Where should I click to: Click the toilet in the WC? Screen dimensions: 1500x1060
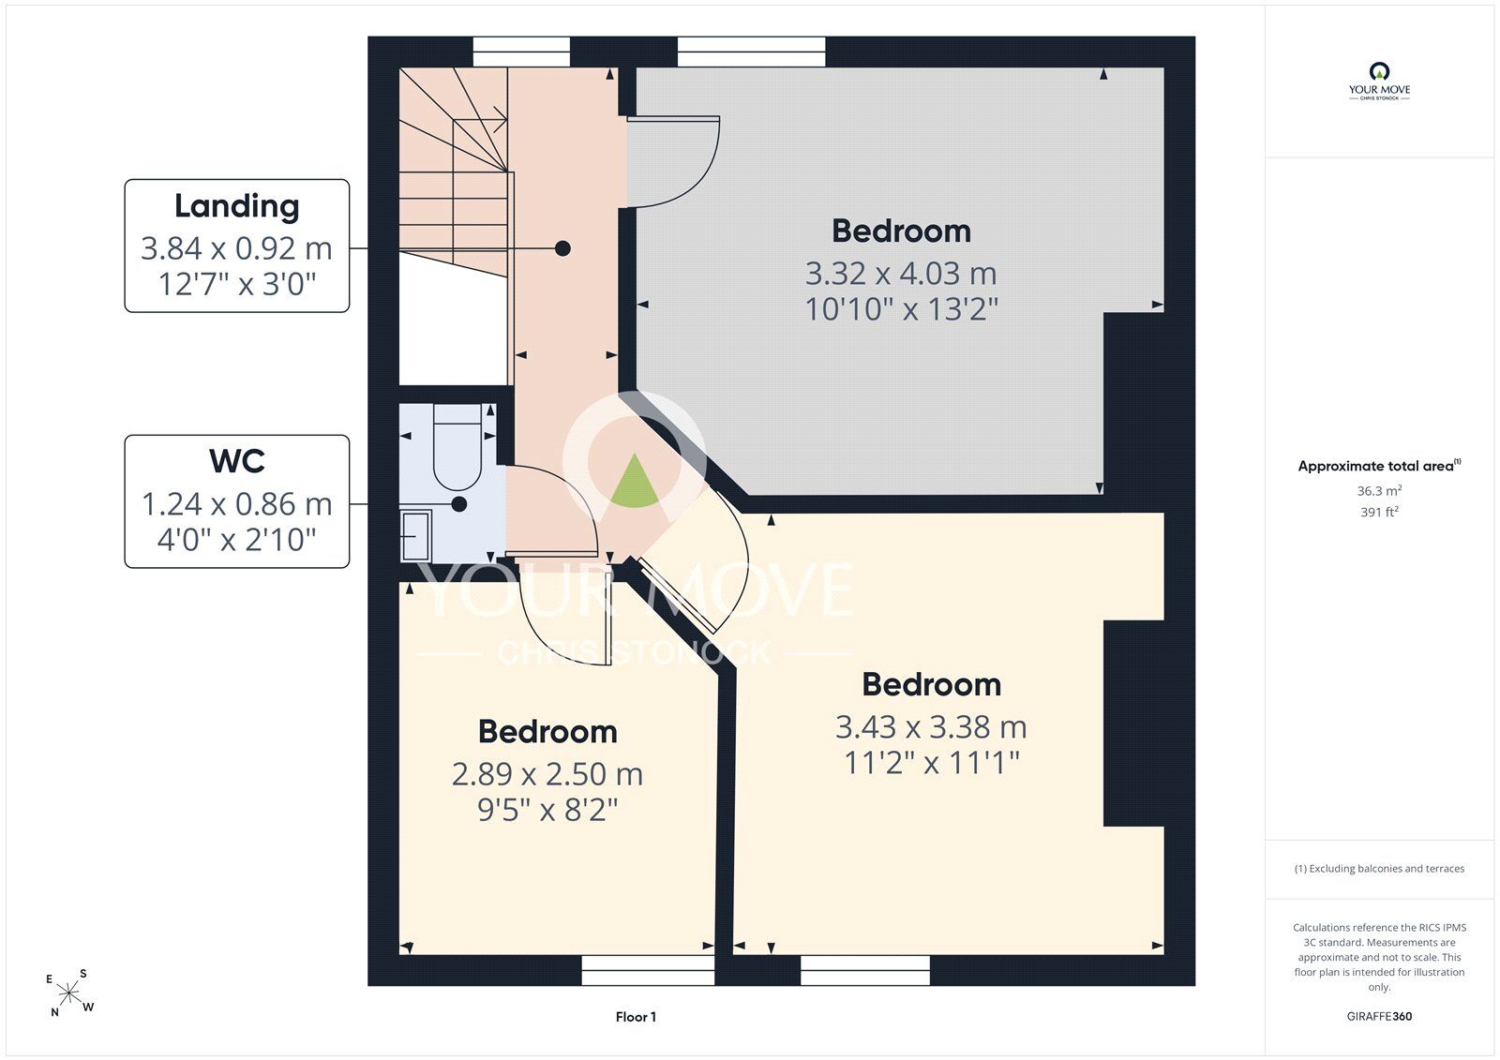point(457,447)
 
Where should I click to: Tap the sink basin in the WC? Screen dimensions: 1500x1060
point(416,535)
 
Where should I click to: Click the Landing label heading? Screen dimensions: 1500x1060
point(237,207)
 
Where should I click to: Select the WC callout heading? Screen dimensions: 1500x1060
point(237,461)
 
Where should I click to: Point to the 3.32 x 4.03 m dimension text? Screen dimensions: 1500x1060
point(901,274)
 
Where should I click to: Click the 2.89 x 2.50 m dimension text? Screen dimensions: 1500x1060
point(547,774)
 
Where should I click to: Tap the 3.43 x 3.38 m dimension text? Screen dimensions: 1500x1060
point(931,727)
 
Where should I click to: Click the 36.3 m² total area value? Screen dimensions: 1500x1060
point(1379,491)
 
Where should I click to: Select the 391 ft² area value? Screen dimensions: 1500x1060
point(1379,513)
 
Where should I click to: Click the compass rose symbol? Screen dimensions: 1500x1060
point(69,993)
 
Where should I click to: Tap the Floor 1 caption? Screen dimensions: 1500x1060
point(636,1017)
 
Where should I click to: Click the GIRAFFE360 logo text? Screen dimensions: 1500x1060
point(1379,1016)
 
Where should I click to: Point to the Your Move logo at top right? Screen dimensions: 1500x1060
point(1379,82)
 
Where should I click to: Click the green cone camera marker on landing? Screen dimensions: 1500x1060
point(634,480)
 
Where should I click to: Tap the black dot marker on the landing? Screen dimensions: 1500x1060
point(562,248)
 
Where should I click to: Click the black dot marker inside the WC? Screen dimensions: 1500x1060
point(458,504)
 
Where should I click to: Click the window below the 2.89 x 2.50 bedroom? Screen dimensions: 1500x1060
point(648,970)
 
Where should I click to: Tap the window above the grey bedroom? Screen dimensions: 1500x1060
point(751,52)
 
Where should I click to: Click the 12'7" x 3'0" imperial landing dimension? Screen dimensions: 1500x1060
point(237,284)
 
